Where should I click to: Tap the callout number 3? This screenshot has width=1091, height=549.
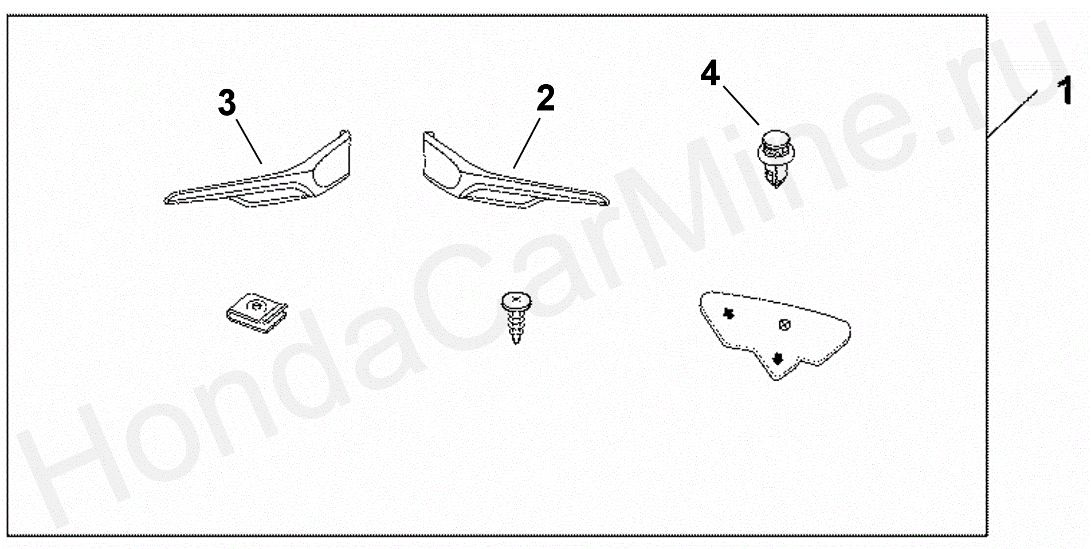(227, 103)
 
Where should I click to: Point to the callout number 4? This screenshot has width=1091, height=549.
(710, 74)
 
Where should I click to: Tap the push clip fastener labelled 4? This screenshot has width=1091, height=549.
(776, 157)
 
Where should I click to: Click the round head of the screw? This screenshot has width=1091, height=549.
(516, 301)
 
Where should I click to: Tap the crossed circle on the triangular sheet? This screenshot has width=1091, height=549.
(785, 325)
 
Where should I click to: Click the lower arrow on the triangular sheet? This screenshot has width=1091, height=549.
(778, 358)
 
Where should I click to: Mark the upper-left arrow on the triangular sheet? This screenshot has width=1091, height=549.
(729, 313)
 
